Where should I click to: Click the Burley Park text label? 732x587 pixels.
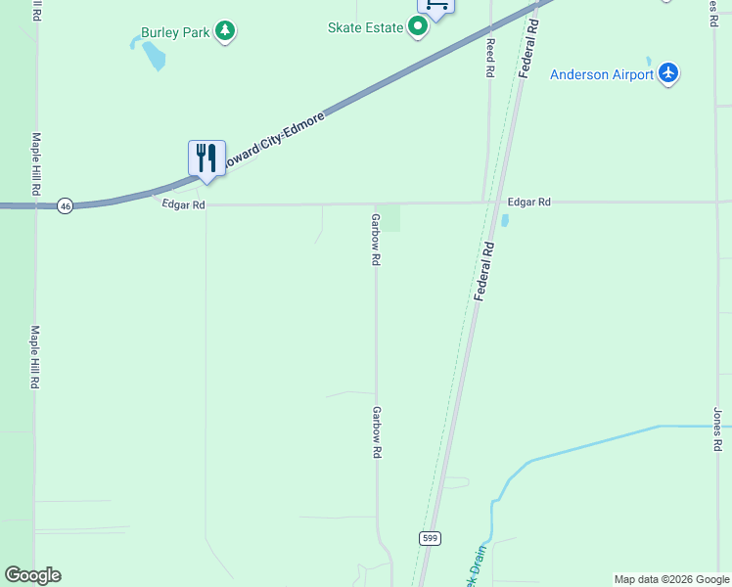pyautogui.click(x=175, y=32)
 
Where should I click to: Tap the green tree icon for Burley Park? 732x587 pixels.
pyautogui.click(x=226, y=31)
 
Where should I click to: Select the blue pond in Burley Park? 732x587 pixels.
pyautogui.click(x=154, y=56)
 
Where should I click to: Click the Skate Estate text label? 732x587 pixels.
pyautogui.click(x=365, y=27)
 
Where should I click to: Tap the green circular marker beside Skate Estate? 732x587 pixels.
pyautogui.click(x=418, y=27)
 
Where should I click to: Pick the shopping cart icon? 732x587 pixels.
pyautogui.click(x=435, y=5)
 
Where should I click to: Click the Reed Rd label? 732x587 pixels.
pyautogui.click(x=490, y=58)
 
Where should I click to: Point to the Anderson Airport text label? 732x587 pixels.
pyautogui.click(x=601, y=74)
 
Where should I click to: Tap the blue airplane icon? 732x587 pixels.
pyautogui.click(x=669, y=73)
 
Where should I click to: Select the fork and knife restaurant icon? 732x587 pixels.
pyautogui.click(x=206, y=158)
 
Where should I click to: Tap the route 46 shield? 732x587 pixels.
pyautogui.click(x=65, y=205)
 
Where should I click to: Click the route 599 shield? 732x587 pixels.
pyautogui.click(x=431, y=538)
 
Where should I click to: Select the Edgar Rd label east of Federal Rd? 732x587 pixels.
pyautogui.click(x=528, y=202)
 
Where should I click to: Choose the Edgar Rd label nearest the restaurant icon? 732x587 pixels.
pyautogui.click(x=184, y=204)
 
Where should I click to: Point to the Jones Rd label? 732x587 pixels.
pyautogui.click(x=717, y=429)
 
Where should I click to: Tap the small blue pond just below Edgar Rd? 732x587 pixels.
pyautogui.click(x=505, y=221)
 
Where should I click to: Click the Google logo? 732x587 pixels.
pyautogui.click(x=32, y=575)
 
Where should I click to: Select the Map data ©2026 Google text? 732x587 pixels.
pyautogui.click(x=672, y=579)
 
